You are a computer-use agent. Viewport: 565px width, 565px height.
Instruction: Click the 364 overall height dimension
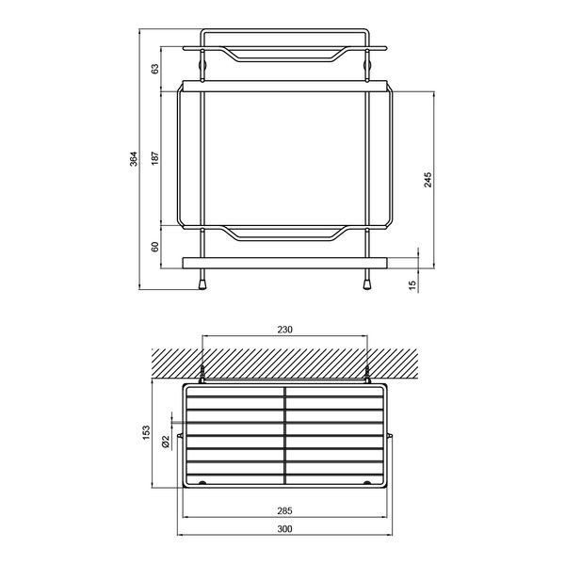pyautogui.click(x=134, y=159)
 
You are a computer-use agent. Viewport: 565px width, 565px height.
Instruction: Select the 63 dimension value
pyautogui.click(x=155, y=69)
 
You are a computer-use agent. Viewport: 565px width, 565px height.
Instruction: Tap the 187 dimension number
pyautogui.click(x=155, y=158)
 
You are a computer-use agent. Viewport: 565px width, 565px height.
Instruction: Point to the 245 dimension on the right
pyautogui.click(x=428, y=180)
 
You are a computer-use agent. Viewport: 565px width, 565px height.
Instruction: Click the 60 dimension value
pyautogui.click(x=155, y=247)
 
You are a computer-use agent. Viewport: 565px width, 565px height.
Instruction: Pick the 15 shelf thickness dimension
pyautogui.click(x=413, y=285)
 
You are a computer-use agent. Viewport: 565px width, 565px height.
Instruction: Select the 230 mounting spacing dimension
pyautogui.click(x=284, y=330)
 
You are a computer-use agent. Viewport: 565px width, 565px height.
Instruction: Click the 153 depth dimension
pyautogui.click(x=146, y=432)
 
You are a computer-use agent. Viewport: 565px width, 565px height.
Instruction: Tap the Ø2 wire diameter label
pyautogui.click(x=166, y=441)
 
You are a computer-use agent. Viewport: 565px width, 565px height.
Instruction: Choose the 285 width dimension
pyautogui.click(x=284, y=510)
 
